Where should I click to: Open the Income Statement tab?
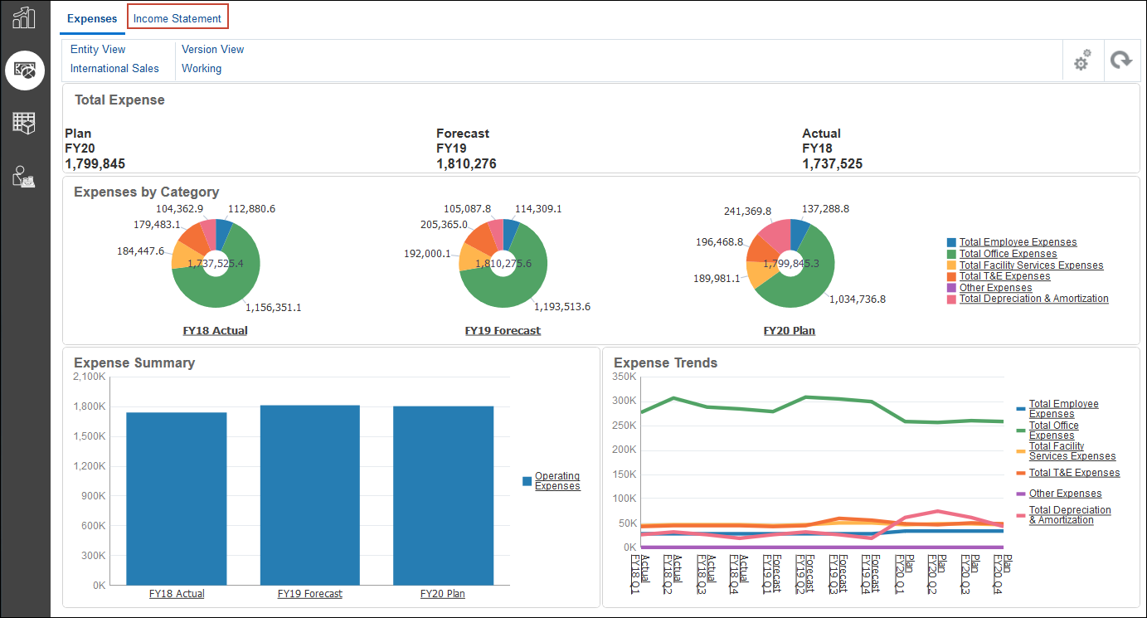pos(177,18)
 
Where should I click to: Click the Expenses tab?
pos(92,18)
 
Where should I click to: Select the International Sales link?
pos(114,69)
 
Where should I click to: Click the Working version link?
pos(202,69)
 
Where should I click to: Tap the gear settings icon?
pos(1081,61)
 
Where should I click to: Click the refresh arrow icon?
pos(1121,61)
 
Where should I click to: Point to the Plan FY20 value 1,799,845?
pos(95,163)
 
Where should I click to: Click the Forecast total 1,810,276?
pos(466,163)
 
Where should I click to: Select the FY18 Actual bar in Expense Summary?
pos(177,498)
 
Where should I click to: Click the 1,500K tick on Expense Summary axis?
pos(90,436)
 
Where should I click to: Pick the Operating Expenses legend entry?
pos(556,481)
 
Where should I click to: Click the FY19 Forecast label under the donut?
pos(503,330)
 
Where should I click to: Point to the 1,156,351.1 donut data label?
pos(273,307)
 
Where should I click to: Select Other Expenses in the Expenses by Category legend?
pos(995,288)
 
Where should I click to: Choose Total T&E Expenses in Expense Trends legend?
pos(1074,473)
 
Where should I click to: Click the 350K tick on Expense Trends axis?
pos(623,377)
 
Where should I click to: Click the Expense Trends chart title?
pos(665,363)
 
